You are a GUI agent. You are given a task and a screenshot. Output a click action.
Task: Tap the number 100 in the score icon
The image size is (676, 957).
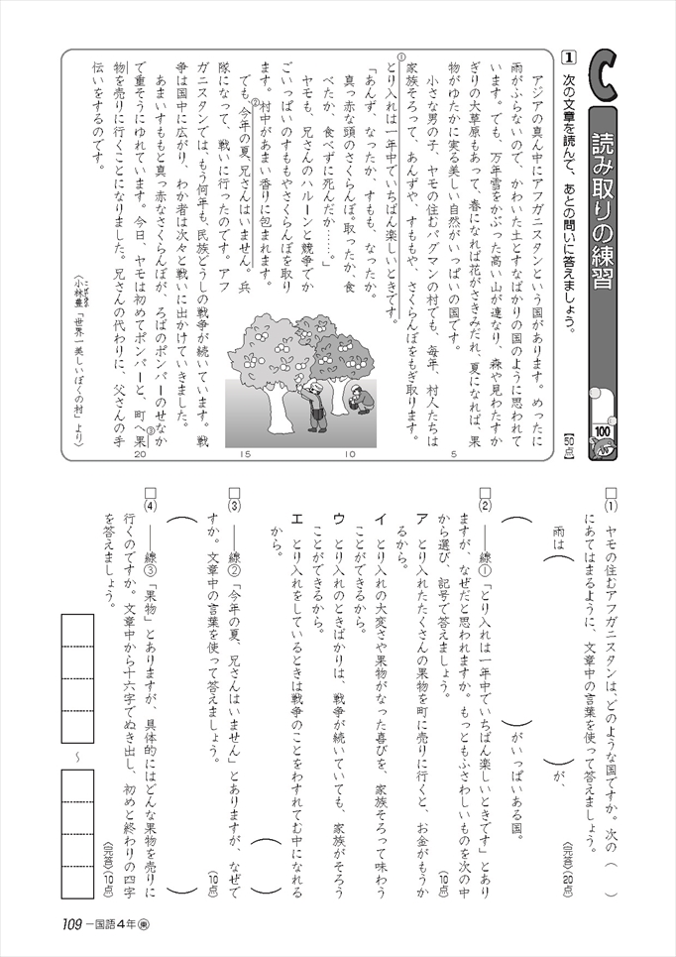click(602, 430)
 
